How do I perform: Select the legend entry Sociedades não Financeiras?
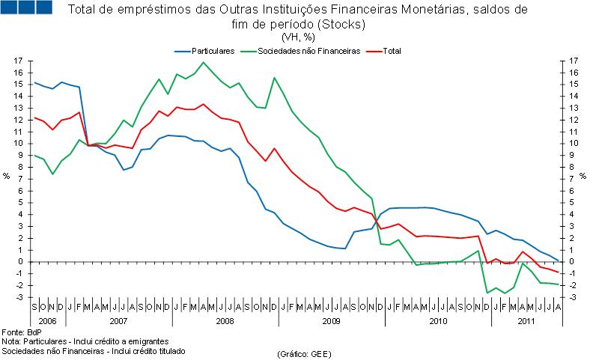click(x=308, y=50)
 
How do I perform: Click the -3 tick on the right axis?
click(x=573, y=298)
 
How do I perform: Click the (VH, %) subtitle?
click(x=298, y=37)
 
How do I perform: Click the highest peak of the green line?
click(x=204, y=62)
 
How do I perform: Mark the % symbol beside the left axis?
click(x=7, y=177)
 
